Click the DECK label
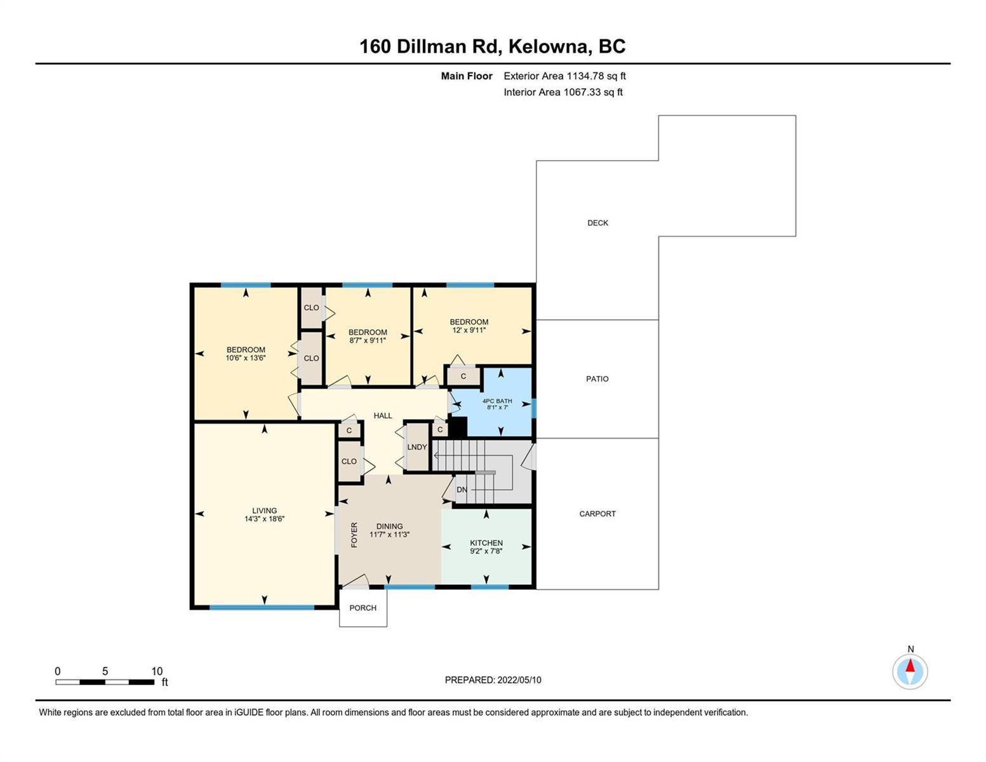[x=597, y=223]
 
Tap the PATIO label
[x=597, y=379]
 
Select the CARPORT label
[x=597, y=514]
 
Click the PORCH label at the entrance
[x=363, y=608]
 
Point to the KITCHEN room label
[x=486, y=543]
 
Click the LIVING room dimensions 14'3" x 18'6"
[x=265, y=519]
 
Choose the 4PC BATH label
[x=497, y=401]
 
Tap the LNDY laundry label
[x=417, y=447]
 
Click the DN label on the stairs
[x=462, y=490]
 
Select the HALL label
[x=383, y=416]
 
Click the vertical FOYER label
[x=354, y=535]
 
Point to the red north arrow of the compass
[x=910, y=665]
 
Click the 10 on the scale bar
[x=157, y=671]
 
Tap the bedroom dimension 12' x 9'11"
[x=469, y=330]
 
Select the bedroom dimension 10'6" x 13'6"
[x=246, y=358]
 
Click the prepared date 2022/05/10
[x=519, y=680]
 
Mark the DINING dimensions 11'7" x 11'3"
[x=389, y=535]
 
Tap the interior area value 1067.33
[x=582, y=92]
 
